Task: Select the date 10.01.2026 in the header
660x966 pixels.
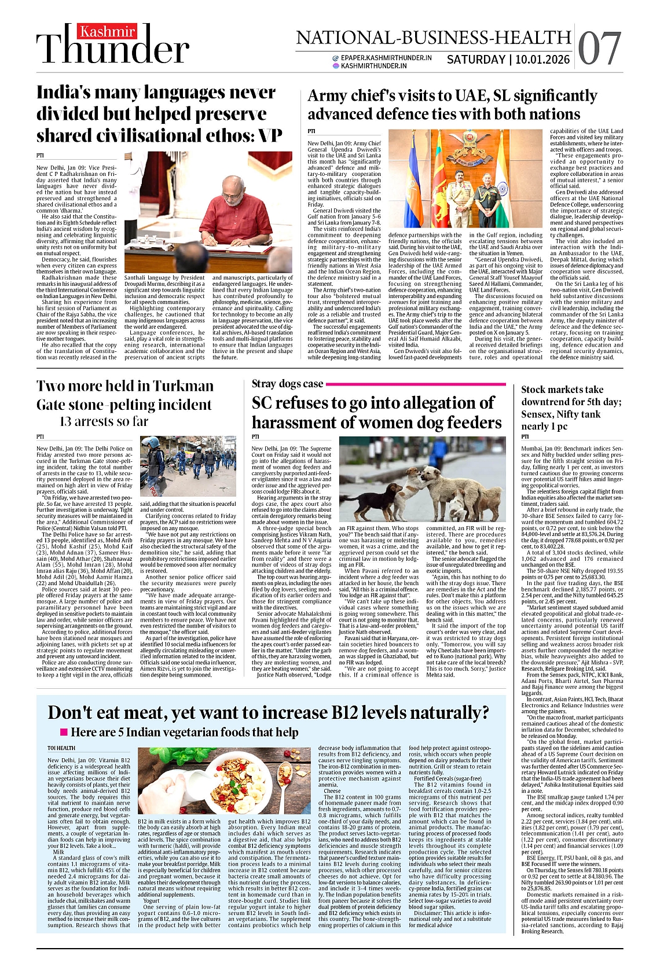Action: point(542,59)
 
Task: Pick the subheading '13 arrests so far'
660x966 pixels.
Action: point(104,421)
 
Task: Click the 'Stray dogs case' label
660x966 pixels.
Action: point(287,383)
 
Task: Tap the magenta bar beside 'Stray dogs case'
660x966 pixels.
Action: point(417,384)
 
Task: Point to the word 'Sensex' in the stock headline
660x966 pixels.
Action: point(538,414)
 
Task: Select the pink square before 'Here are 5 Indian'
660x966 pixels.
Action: point(64,732)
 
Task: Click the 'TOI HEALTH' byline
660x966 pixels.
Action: point(61,748)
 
